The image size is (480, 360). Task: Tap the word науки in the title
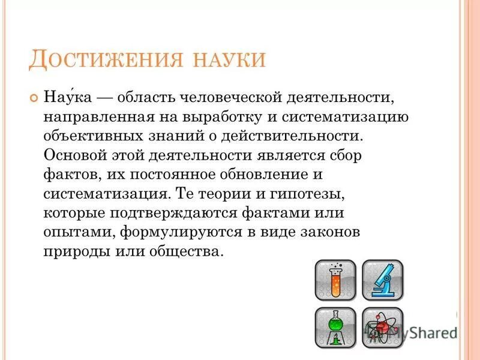224,61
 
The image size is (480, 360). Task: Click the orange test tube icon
335,280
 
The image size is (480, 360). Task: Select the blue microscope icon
382,280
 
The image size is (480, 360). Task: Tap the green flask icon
335,327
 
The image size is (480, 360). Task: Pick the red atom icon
382,327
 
